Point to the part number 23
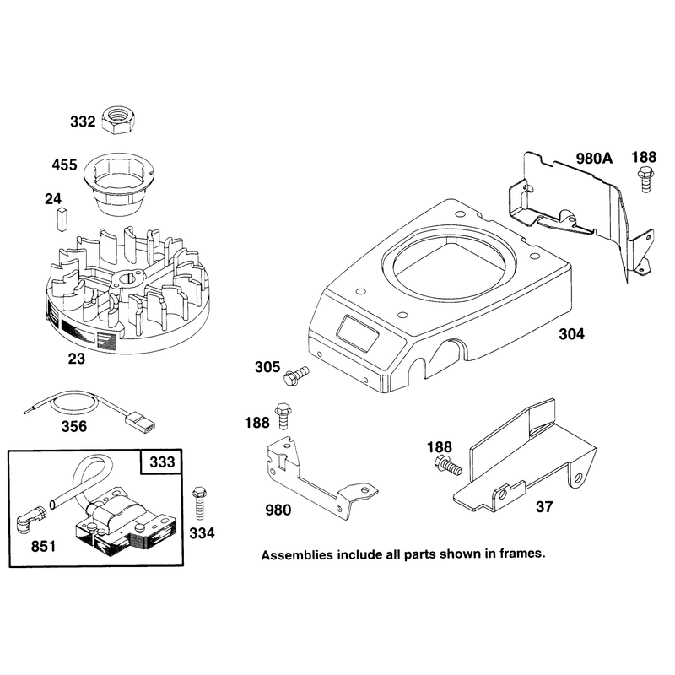pyautogui.click(x=77, y=359)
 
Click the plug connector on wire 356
pyautogui.click(x=140, y=421)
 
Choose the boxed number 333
pyautogui.click(x=162, y=462)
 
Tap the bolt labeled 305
pyautogui.click(x=296, y=375)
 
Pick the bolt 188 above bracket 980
pyautogui.click(x=283, y=415)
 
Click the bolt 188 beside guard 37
pyautogui.click(x=448, y=465)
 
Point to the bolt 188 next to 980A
pyautogui.click(x=645, y=179)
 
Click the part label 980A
pyautogui.click(x=594, y=159)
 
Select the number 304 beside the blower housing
pyautogui.click(x=572, y=334)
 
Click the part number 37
pyautogui.click(x=544, y=507)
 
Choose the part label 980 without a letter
pyautogui.click(x=278, y=510)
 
